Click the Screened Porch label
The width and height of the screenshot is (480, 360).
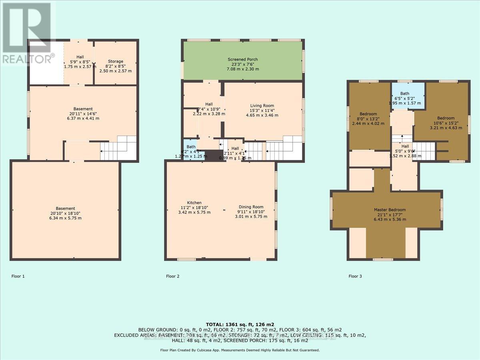click(x=243, y=59)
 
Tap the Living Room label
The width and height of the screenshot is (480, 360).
click(x=262, y=106)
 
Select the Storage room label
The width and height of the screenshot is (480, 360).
click(x=115, y=62)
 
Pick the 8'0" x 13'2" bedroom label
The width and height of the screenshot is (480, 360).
click(x=362, y=114)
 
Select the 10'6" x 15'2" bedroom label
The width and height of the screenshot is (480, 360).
click(x=446, y=118)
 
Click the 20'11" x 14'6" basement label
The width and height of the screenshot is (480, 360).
click(x=83, y=109)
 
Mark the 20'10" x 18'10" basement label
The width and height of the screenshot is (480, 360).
click(x=65, y=208)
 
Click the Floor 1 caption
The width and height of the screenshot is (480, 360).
click(x=18, y=276)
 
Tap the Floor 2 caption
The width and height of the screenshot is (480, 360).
click(x=173, y=276)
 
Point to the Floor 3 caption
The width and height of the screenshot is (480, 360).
click(x=355, y=276)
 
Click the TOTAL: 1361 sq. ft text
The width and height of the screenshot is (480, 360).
click(x=240, y=324)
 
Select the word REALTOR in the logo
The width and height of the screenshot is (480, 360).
click(x=26, y=58)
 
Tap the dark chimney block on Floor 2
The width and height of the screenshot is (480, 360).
click(x=212, y=156)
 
